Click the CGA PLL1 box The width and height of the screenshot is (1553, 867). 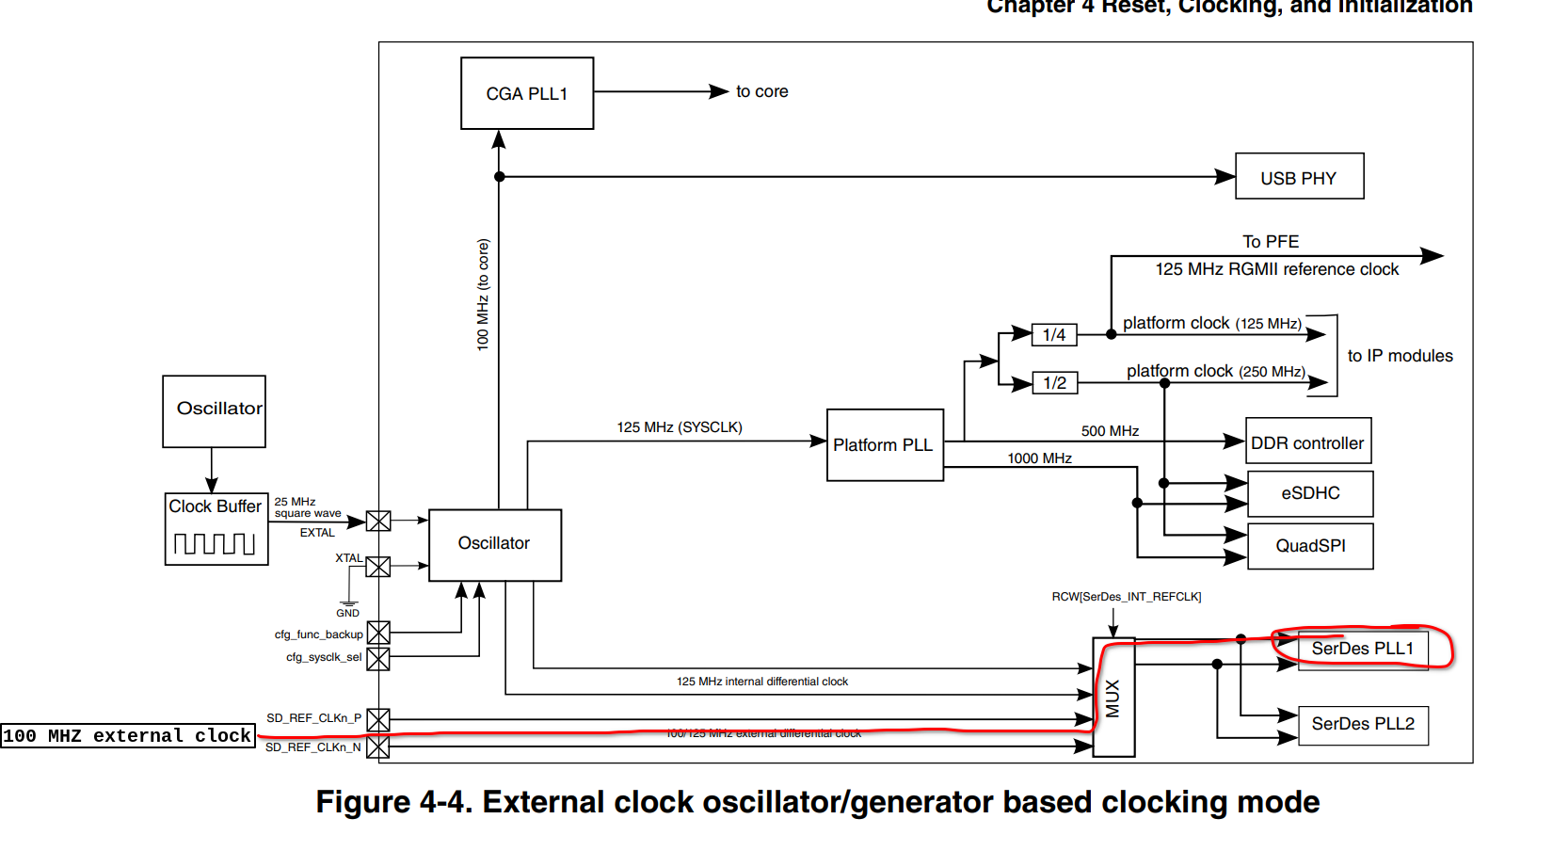pos(526,93)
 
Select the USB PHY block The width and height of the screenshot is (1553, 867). pos(1298,177)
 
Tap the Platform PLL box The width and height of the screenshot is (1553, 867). pos(884,444)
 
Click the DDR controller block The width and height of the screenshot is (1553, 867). pos(1307,442)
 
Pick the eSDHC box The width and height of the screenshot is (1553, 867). pos(1309,493)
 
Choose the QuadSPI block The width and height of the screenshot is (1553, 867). pos(1309,546)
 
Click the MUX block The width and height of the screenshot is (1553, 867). pos(1113,698)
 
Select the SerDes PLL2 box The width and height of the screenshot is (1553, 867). pos(1362,724)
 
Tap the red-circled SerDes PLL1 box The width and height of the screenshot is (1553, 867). pos(1362,649)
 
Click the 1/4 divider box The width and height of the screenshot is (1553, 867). pos(1054,335)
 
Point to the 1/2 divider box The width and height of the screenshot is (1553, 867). pos(1054,383)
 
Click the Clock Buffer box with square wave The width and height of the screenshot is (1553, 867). pos(216,529)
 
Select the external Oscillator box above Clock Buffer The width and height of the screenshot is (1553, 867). pos(214,410)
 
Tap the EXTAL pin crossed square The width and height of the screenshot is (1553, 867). pos(378,521)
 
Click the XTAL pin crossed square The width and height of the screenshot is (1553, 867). pos(378,566)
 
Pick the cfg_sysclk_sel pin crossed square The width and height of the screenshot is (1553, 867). pos(378,659)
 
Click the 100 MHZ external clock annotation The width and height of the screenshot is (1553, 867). pos(127,735)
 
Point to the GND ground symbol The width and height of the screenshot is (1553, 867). pos(348,603)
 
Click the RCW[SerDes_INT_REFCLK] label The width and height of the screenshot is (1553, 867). pos(1126,597)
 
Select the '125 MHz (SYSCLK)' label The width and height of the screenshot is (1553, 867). pos(679,427)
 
